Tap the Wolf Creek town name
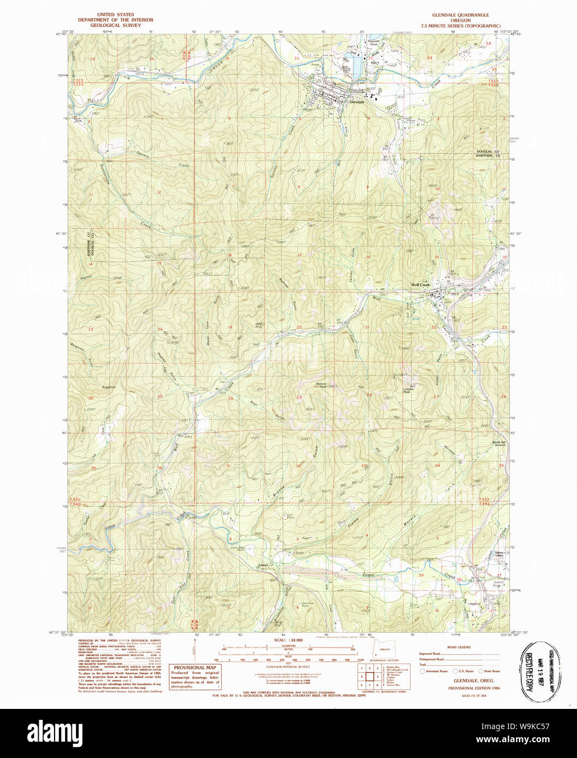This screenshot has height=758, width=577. pyautogui.click(x=421, y=285)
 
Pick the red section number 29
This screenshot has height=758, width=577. pyautogui.click(x=299, y=397)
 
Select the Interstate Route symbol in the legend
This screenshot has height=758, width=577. pyautogui.click(x=423, y=671)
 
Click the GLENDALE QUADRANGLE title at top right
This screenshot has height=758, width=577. pyautogui.click(x=460, y=15)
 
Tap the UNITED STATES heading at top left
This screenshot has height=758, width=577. pyautogui.click(x=115, y=15)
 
